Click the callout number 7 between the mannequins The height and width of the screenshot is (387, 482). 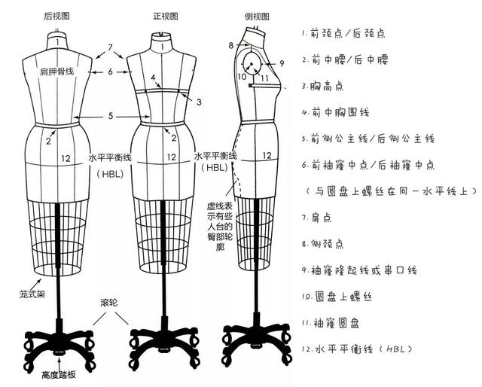point(110,48)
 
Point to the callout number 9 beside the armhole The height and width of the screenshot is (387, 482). point(281,63)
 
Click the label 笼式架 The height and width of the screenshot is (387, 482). point(15,294)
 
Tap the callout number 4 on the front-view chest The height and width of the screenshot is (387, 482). point(154,78)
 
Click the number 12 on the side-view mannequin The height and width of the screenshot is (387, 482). point(267,155)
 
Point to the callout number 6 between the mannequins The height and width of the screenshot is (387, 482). point(110,72)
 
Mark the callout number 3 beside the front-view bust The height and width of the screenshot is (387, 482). point(200,101)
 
